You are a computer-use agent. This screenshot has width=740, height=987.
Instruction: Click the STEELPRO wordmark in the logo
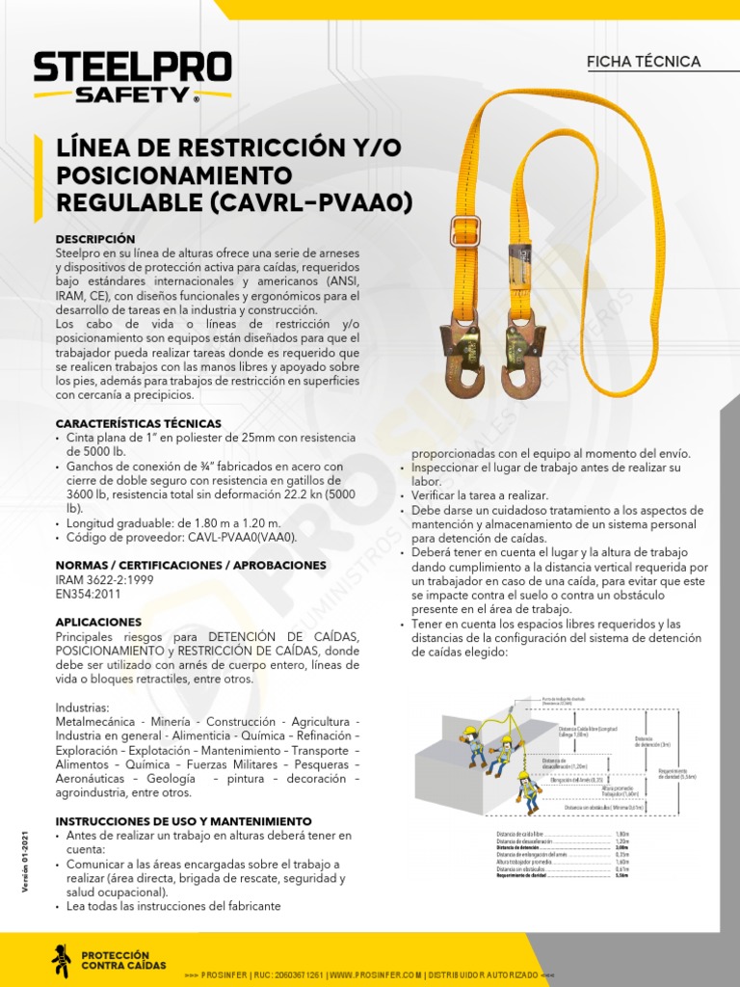tap(132, 68)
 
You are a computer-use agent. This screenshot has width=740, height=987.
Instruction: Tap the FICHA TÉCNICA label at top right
tap(644, 62)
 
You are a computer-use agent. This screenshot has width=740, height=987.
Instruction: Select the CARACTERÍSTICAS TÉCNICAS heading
tap(138, 423)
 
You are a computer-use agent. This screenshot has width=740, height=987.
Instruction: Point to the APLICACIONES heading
tap(98, 623)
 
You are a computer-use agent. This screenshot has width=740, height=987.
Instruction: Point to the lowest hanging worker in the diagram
tap(528, 792)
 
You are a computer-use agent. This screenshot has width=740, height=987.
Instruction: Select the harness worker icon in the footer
tap(61, 960)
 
